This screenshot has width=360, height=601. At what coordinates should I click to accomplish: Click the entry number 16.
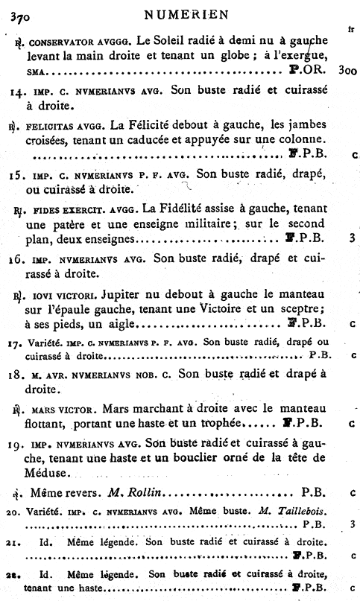pyautogui.click(x=18, y=260)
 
